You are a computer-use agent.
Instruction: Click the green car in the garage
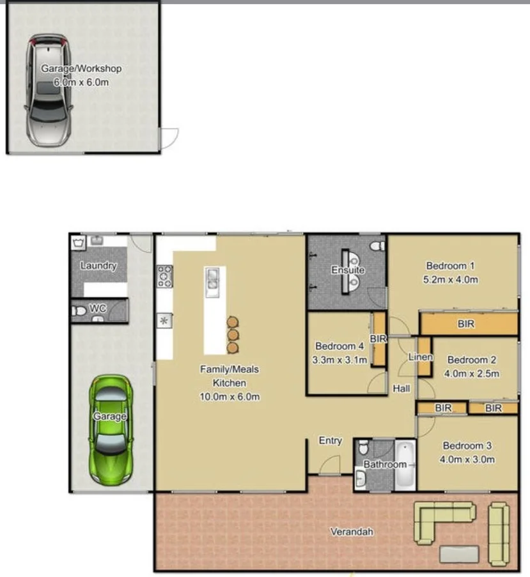click(x=111, y=430)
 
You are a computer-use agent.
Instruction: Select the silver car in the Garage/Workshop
click(x=48, y=90)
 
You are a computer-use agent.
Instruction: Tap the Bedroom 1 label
click(x=450, y=266)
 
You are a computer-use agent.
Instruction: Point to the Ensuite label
click(x=348, y=270)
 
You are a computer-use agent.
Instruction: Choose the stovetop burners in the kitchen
click(x=164, y=276)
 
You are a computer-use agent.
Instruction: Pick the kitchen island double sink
click(x=213, y=282)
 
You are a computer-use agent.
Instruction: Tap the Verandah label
click(x=352, y=532)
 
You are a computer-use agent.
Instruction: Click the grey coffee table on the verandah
click(x=459, y=554)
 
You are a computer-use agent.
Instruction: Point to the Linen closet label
click(x=421, y=357)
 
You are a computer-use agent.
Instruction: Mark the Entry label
click(x=330, y=440)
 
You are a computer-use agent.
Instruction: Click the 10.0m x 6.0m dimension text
click(x=230, y=397)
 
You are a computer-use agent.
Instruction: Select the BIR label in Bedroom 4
click(x=378, y=339)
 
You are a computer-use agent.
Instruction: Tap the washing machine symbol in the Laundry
click(x=79, y=243)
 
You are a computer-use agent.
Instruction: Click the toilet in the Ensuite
click(x=377, y=246)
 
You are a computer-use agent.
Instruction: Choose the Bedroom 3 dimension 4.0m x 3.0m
click(x=467, y=459)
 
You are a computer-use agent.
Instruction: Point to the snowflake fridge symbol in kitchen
click(x=164, y=321)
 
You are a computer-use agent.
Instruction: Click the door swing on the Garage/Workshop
click(x=169, y=139)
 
